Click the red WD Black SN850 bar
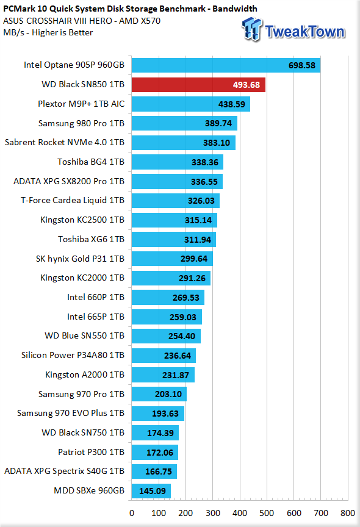coord(198,85)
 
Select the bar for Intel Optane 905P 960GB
coord(226,65)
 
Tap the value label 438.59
coord(232,104)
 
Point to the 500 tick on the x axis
coord(267,513)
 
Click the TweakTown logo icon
coord(252,29)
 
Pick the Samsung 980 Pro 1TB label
coord(81,123)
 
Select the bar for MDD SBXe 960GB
coord(151,491)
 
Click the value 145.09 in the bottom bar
coord(153,491)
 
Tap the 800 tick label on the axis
coord(348,513)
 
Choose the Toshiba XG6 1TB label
coord(91,239)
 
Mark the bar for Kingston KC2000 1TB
coord(171,278)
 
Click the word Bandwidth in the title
coord(235,9)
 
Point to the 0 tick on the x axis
coord(132,513)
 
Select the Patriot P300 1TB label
coord(91,452)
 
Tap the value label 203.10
coord(168,394)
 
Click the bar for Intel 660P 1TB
coord(168,298)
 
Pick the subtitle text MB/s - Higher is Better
coord(48,32)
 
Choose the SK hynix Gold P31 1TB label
coord(80,259)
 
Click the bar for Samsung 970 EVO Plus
coord(158,414)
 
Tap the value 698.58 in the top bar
coord(302,65)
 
